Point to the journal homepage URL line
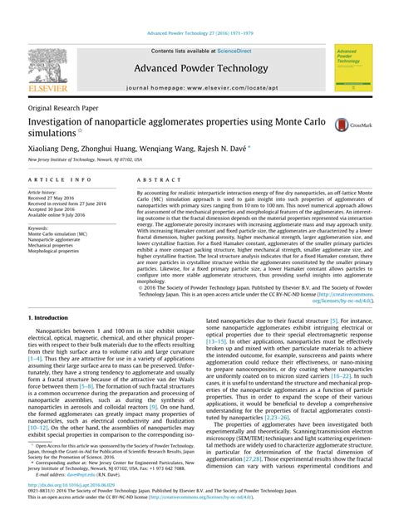click(x=197, y=87)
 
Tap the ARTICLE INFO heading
click(x=60, y=179)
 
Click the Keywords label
click(x=39, y=228)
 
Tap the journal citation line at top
click(x=197, y=34)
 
